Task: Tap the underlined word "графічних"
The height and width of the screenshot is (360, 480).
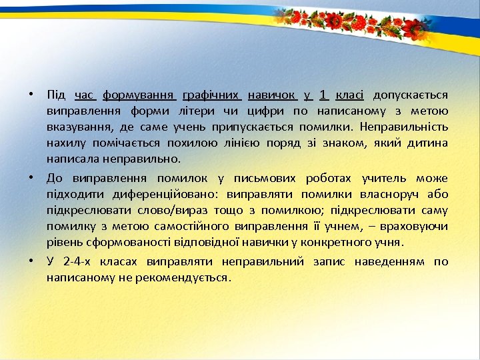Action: pos(211,95)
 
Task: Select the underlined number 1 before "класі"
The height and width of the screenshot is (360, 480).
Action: pos(323,95)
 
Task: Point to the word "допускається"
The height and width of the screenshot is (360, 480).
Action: pos(411,95)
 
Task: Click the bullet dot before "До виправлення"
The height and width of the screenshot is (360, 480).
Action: pos(32,178)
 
